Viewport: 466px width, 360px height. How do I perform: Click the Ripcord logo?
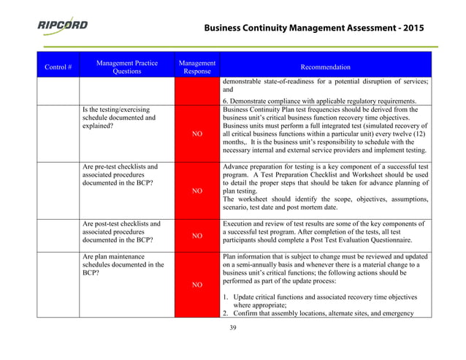coord(63,26)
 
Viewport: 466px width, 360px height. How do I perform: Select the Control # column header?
coord(58,67)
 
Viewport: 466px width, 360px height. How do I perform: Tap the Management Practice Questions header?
coord(126,67)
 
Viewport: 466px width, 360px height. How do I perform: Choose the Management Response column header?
coord(196,67)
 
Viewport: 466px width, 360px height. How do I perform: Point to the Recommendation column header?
coord(325,67)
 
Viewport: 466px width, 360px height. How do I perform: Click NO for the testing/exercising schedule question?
coord(197,134)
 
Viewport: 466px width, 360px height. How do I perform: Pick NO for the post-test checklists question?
coord(197,236)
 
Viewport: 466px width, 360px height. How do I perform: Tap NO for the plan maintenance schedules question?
coord(197,285)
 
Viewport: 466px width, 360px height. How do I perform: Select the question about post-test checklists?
coord(121,231)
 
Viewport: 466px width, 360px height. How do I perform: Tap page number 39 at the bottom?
coord(233,327)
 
